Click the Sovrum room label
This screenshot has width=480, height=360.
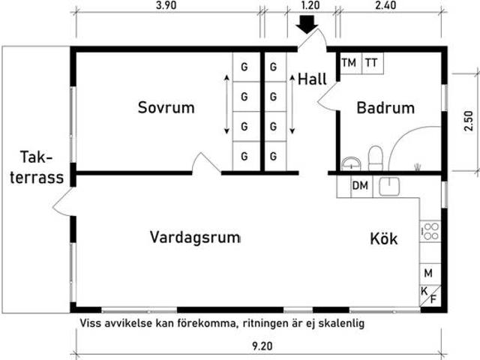click(x=166, y=107)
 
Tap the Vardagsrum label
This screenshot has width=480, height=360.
click(x=195, y=238)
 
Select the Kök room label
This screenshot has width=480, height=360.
click(x=383, y=239)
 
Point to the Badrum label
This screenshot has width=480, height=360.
click(x=385, y=108)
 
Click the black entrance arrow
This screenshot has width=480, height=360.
click(x=307, y=24)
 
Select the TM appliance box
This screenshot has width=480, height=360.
click(x=349, y=63)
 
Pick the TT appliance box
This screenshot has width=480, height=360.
click(x=371, y=63)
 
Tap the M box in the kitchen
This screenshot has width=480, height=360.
click(x=428, y=273)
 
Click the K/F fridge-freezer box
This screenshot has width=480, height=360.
click(x=428, y=295)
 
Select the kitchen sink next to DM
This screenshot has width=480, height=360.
click(x=391, y=187)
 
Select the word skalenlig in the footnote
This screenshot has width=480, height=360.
click(x=340, y=323)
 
